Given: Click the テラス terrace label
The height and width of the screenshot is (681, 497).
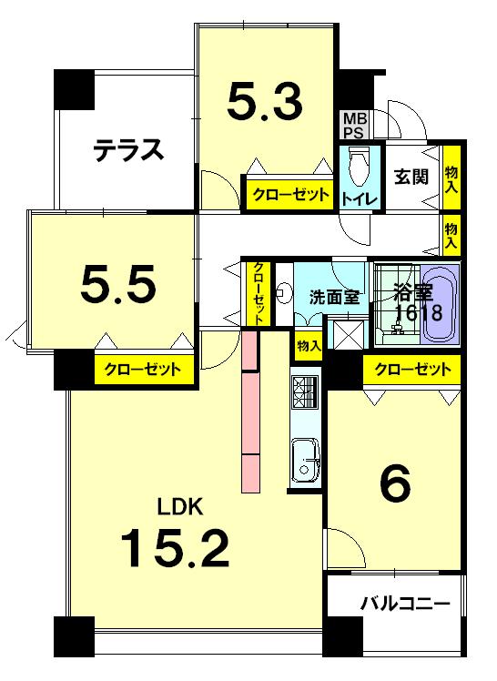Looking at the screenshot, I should click(129, 149).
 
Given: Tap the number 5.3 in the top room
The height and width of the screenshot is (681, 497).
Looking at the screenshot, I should click(264, 102).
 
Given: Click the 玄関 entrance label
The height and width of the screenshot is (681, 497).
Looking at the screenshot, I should click(411, 177).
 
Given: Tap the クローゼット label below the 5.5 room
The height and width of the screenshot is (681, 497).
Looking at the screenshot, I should click(143, 370).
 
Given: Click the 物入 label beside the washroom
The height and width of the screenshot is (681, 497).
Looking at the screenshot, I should click(308, 346).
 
